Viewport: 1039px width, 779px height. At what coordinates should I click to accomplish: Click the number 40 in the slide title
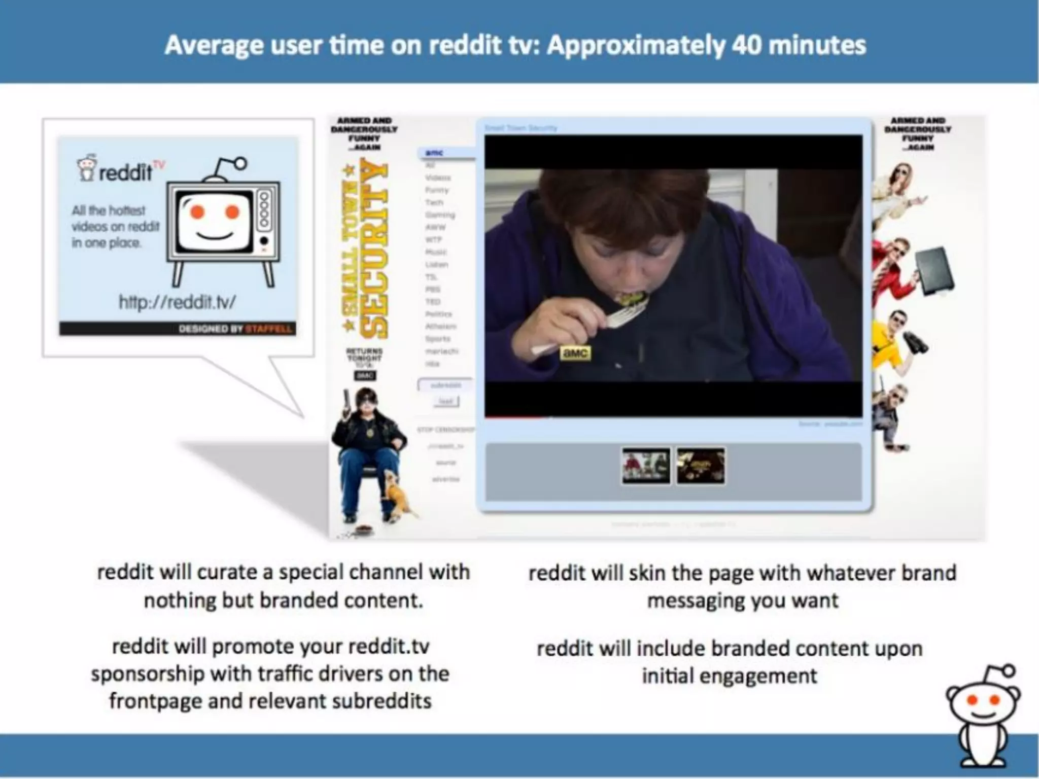[747, 46]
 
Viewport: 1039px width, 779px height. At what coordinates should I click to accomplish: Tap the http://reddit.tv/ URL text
[177, 302]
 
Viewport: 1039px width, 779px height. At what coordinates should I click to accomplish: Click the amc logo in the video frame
[575, 353]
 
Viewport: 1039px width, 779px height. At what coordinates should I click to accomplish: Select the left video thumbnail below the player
[646, 466]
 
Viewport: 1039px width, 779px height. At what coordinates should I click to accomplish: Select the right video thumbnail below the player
[701, 466]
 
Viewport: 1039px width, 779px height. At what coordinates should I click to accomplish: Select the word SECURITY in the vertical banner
[374, 249]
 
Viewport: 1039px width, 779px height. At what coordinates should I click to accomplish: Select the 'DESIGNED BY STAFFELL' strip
[177, 329]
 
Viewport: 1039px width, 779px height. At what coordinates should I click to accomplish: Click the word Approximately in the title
[635, 46]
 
